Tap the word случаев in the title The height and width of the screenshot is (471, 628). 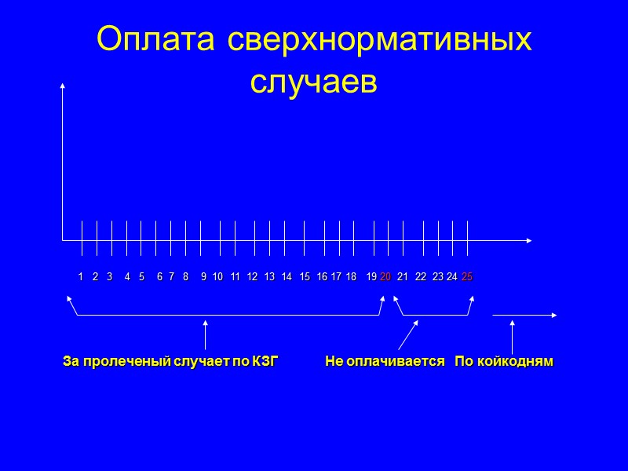314,81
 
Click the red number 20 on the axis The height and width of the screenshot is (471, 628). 385,277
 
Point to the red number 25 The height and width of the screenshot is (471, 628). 467,277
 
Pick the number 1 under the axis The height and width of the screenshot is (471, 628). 81,277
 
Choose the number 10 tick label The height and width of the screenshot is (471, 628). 218,277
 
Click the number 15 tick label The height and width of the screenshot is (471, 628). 305,277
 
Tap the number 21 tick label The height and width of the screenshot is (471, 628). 403,277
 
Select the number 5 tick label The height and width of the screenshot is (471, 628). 141,277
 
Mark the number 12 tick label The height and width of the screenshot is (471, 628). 252,277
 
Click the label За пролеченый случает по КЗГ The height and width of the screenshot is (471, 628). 170,362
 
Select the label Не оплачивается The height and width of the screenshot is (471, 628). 385,362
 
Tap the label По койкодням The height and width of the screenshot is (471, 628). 504,362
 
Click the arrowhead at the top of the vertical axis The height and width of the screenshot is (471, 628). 62,86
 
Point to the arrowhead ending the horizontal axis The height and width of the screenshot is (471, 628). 530,240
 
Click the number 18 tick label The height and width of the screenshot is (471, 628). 351,277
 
